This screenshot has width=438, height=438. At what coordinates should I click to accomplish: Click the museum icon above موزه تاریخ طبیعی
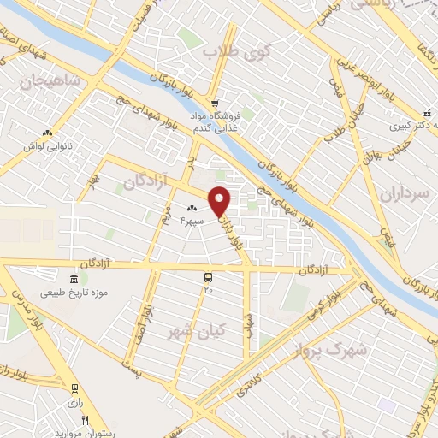pyautogui.click(x=74, y=280)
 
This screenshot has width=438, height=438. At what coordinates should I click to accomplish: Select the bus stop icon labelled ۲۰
pyautogui.click(x=208, y=277)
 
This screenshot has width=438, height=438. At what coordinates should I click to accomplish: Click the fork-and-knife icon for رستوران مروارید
pyautogui.click(x=85, y=420)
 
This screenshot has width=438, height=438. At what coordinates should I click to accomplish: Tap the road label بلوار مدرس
pyautogui.click(x=23, y=317)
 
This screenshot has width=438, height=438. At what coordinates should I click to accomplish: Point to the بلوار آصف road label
pyautogui.click(x=150, y=322)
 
